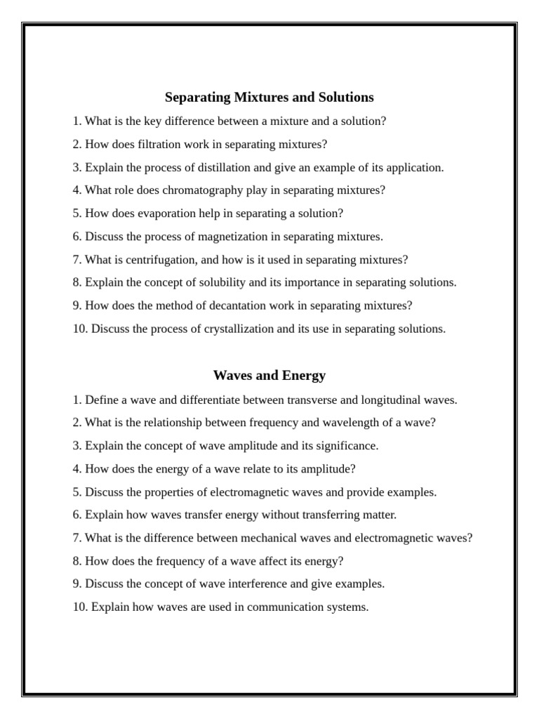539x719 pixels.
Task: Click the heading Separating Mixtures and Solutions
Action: pyautogui.click(x=269, y=97)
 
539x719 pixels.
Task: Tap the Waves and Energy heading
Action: pyautogui.click(x=269, y=376)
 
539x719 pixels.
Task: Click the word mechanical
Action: pyautogui.click(x=269, y=538)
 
